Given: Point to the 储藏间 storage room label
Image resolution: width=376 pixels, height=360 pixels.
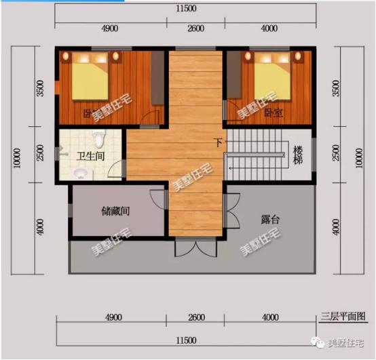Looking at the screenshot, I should pos(115,211).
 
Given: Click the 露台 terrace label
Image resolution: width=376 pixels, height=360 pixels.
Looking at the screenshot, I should pos(271,219).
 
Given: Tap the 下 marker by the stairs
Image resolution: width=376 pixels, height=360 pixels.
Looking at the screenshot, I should pos(218,142).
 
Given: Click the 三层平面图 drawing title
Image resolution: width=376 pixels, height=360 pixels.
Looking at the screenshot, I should pos(343,316).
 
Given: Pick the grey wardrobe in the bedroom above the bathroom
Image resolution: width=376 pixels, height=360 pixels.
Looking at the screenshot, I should pos(157,78).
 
